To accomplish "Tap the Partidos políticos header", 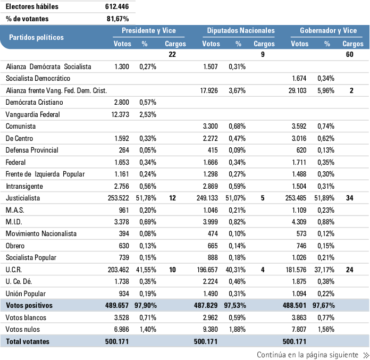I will click(36, 37).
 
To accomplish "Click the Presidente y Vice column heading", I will click(148, 30).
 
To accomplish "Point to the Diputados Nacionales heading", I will click(241, 30).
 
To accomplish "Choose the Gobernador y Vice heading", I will click(328, 30).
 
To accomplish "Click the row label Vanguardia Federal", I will click(32, 114).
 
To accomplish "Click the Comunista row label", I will click(21, 126).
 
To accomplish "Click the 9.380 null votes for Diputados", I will click(210, 330).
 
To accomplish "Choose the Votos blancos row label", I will click(26, 318).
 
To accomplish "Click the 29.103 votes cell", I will click(297, 90).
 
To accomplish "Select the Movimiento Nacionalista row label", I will click(41, 234).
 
